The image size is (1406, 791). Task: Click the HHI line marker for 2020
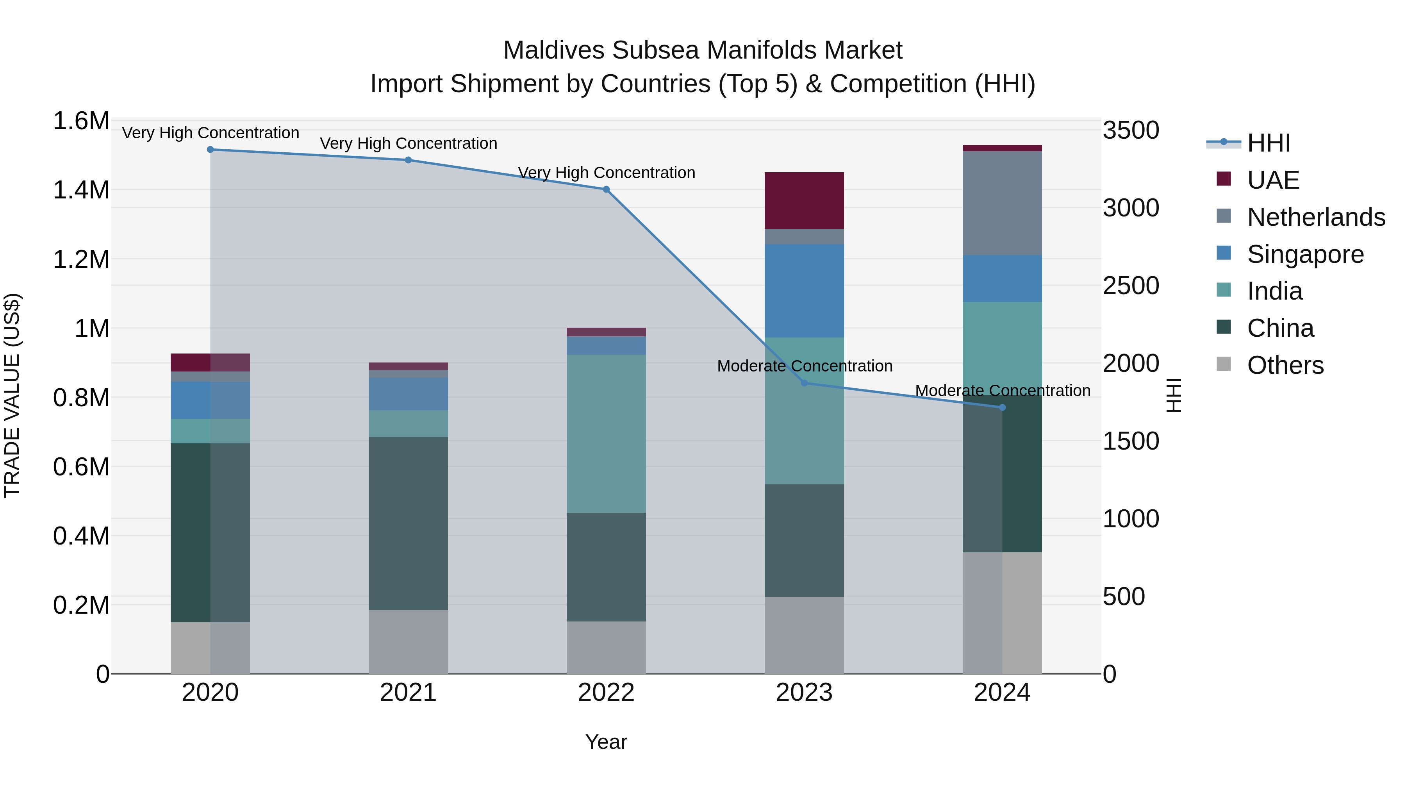click(210, 150)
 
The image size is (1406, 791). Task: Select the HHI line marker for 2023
click(804, 383)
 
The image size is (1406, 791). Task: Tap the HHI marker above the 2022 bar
click(606, 189)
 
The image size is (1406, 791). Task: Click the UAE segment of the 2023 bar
click(804, 200)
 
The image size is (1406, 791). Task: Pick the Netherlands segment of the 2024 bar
click(1002, 203)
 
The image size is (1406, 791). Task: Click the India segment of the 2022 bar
click(606, 434)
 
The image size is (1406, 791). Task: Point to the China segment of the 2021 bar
click(408, 523)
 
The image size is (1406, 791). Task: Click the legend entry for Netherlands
click(1316, 217)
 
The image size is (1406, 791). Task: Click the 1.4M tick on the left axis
click(81, 191)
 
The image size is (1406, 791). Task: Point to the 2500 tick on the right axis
click(1131, 286)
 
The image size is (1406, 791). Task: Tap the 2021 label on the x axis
click(408, 693)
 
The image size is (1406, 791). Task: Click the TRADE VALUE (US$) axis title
click(12, 395)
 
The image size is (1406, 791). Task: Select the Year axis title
click(606, 742)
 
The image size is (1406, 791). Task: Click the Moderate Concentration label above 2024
click(1002, 391)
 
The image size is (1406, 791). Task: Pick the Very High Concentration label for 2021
click(408, 144)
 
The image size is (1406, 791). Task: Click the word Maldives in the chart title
click(553, 50)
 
